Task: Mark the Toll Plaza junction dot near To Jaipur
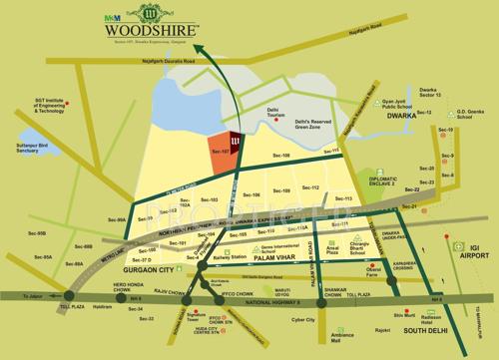coord(68,294)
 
